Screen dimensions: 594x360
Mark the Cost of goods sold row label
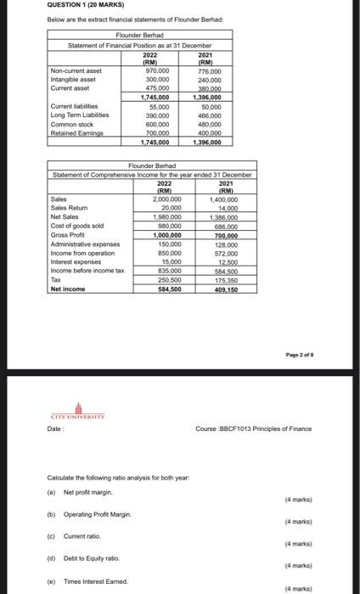76,226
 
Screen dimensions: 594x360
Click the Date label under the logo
54,428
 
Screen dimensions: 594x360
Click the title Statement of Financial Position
127,45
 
